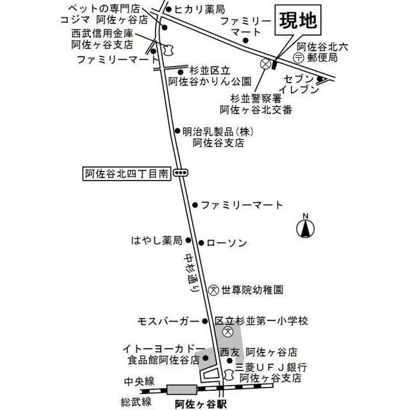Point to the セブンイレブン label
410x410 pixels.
coord(301,84)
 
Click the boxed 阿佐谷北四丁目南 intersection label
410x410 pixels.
coord(127,172)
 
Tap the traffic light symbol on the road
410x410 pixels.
coord(181,172)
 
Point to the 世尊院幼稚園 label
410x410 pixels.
coord(252,289)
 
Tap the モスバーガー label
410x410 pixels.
coord(168,320)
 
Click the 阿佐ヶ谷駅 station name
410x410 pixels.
coord(201,404)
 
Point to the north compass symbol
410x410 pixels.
coord(306,227)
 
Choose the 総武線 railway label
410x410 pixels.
coord(138,402)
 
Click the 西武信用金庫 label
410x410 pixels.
coord(103,33)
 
